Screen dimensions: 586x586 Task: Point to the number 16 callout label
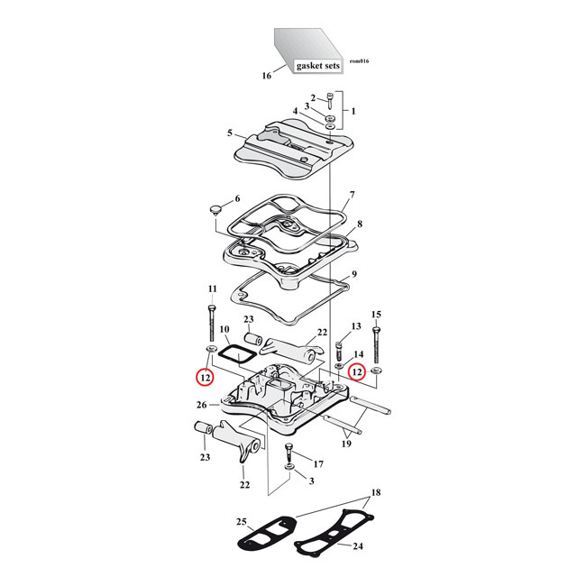pyautogui.click(x=267, y=77)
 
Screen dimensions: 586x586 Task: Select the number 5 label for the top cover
pyautogui.click(x=230, y=133)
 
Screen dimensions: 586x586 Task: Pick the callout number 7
pyautogui.click(x=352, y=194)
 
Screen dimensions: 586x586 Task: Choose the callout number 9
pyautogui.click(x=355, y=274)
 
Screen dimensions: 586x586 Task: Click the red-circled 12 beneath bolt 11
pyautogui.click(x=206, y=377)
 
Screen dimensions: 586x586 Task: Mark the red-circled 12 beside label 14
pyautogui.click(x=357, y=371)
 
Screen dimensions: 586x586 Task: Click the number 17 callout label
pyautogui.click(x=316, y=463)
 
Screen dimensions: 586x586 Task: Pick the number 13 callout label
pyautogui.click(x=355, y=325)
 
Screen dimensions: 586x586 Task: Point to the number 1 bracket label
pyautogui.click(x=353, y=112)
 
